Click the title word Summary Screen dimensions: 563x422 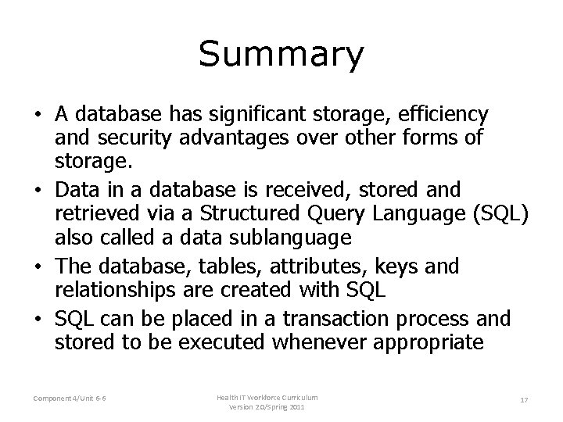281,55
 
